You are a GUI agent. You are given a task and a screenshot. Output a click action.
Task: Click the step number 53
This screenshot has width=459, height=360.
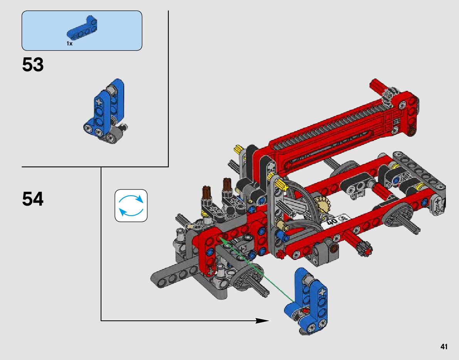(33, 65)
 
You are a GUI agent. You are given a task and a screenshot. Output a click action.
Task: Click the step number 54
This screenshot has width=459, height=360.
(33, 199)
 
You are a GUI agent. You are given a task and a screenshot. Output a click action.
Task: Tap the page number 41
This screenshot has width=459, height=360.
(444, 347)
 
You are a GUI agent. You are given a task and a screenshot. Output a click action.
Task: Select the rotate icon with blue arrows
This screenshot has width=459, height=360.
(131, 206)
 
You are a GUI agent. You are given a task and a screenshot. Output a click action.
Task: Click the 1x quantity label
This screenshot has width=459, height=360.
(69, 44)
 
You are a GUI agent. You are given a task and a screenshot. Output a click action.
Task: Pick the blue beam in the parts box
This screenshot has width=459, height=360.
(82, 28)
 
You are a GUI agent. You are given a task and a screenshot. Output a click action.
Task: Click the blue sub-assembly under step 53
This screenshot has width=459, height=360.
(106, 111)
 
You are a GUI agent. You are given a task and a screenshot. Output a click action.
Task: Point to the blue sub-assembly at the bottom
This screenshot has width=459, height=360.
(306, 301)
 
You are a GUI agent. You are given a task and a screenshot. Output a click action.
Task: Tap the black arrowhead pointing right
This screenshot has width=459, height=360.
(262, 321)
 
